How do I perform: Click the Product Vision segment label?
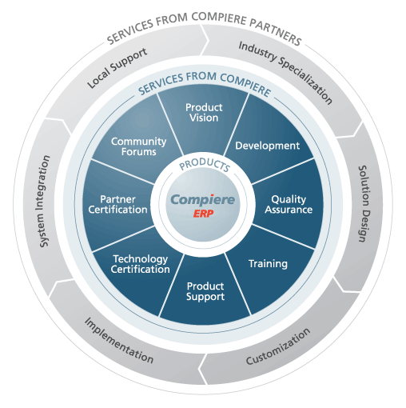click(204, 113)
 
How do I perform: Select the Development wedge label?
click(268, 146)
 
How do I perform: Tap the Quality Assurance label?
click(289, 205)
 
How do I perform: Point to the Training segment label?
click(268, 264)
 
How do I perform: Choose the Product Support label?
click(205, 292)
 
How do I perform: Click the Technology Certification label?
click(141, 264)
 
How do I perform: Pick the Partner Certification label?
click(117, 205)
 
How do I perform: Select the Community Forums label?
click(138, 146)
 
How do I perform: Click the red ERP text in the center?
click(203, 214)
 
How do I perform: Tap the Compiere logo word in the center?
click(203, 199)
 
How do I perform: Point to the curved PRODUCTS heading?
click(205, 165)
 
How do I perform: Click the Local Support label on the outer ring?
click(117, 68)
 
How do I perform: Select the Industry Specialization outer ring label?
click(285, 72)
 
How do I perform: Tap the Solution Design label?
click(364, 204)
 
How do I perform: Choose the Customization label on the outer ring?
click(278, 346)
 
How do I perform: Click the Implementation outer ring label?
click(119, 340)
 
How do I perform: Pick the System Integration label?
click(45, 202)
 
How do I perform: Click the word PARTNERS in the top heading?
click(275, 32)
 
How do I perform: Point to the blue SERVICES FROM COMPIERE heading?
click(205, 83)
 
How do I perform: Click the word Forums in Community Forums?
click(139, 152)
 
